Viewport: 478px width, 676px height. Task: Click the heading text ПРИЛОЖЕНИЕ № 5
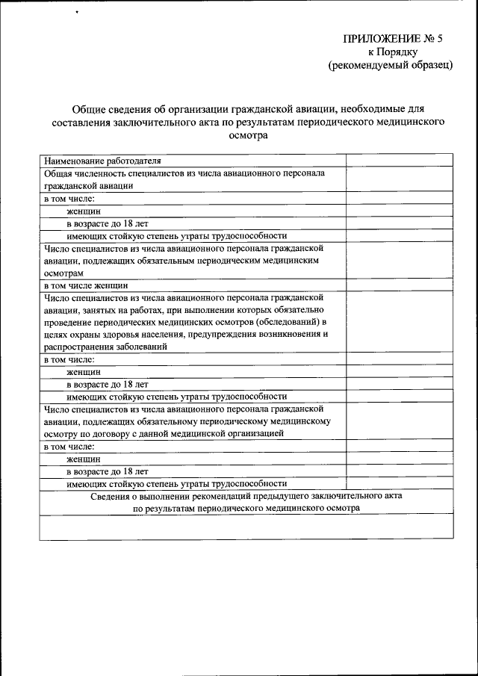coord(397,39)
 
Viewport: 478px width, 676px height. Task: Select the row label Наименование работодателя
coord(102,160)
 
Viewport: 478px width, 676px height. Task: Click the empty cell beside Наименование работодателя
coord(399,160)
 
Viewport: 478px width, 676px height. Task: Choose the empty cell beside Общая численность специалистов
coord(399,179)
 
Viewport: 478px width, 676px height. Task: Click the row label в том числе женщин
coord(86,285)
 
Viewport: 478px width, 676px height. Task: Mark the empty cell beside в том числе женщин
coord(399,285)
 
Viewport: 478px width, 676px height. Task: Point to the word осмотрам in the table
coord(64,273)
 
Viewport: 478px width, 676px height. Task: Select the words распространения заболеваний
coord(105,347)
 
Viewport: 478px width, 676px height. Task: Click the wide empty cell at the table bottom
coord(246,527)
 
